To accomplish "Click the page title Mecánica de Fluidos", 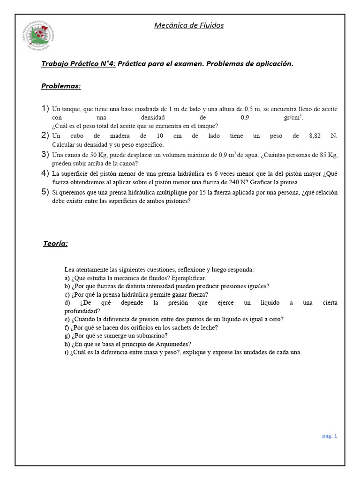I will click(x=189, y=25).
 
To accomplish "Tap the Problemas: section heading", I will click(x=61, y=86).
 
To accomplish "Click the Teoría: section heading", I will click(x=56, y=243).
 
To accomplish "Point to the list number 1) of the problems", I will click(x=45, y=109).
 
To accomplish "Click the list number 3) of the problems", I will click(x=45, y=154).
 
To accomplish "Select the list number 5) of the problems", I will click(x=45, y=191).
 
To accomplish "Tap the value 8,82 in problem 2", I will click(x=317, y=135).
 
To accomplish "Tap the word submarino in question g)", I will click(x=152, y=336).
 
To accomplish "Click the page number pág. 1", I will click(x=329, y=435).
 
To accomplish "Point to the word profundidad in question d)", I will click(x=82, y=311).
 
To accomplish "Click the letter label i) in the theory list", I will click(x=67, y=352).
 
